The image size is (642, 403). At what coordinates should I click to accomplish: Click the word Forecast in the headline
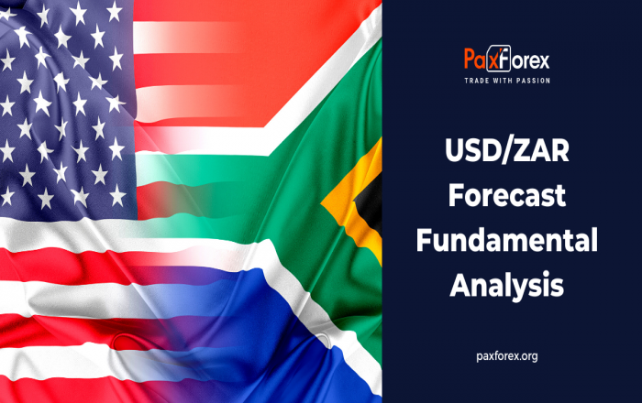tap(507, 195)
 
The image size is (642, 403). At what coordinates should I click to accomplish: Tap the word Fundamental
tap(507, 240)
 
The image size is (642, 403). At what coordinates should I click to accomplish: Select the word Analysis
tap(507, 285)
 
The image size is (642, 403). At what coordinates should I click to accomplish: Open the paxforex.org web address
tap(507, 356)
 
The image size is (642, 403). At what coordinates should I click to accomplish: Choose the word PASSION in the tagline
tap(534, 81)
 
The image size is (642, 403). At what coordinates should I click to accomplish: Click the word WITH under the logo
tap(503, 81)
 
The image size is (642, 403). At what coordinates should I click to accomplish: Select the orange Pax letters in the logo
tap(476, 60)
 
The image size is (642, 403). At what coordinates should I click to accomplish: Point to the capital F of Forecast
tap(456, 195)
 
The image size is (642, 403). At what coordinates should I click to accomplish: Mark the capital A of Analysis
tap(460, 285)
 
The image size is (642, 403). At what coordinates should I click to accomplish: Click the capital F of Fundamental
tap(424, 240)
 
